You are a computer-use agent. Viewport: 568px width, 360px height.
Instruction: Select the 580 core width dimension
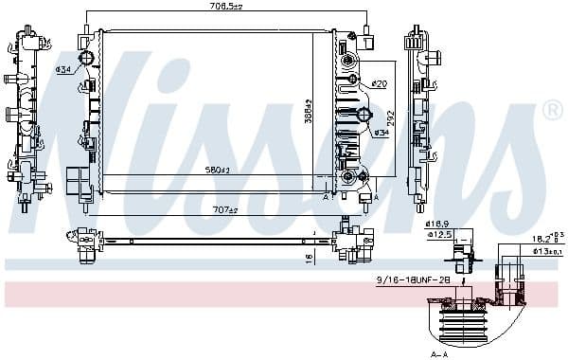click(x=218, y=171)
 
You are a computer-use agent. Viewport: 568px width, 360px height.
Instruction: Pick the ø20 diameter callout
click(x=379, y=84)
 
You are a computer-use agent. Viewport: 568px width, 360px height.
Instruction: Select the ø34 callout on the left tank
click(x=63, y=69)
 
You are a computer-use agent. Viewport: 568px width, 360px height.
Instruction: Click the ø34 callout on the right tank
click(x=382, y=132)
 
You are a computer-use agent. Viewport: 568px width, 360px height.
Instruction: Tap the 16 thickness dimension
click(x=309, y=255)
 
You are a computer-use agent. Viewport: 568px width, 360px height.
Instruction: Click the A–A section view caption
click(x=437, y=353)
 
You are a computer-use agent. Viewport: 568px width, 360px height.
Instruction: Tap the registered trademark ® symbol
click(x=552, y=112)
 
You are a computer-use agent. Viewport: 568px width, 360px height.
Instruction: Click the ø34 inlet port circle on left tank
click(x=87, y=60)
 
